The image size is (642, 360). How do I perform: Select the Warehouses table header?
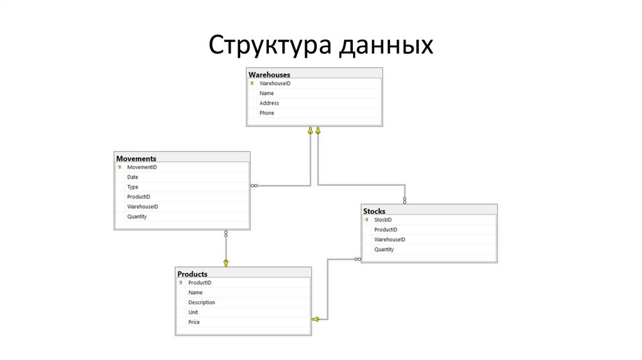coord(270,75)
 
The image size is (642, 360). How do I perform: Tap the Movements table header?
coord(136,159)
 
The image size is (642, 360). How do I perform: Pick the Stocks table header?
coord(374,211)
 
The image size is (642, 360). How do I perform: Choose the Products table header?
coord(192,274)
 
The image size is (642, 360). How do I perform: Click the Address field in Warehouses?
coord(269,103)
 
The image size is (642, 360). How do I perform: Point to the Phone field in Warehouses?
coord(266,113)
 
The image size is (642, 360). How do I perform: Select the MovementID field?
coord(142,167)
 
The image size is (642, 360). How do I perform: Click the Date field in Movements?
coord(132,177)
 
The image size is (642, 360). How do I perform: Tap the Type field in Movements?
coord(132,187)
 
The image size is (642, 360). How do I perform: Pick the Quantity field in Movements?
coord(137,216)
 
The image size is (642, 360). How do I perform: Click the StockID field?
coord(382,220)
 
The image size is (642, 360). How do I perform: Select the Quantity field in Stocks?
coord(384,250)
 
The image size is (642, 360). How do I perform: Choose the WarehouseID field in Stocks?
coord(389,240)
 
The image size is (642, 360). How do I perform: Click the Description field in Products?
coord(201,302)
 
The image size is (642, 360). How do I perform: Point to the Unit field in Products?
coord(193,312)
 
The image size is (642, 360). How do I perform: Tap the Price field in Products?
coord(194,322)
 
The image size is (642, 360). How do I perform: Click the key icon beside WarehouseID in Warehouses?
coord(252,83)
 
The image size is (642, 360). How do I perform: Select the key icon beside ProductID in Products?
coord(181,283)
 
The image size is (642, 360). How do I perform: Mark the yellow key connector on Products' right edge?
coord(316,319)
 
